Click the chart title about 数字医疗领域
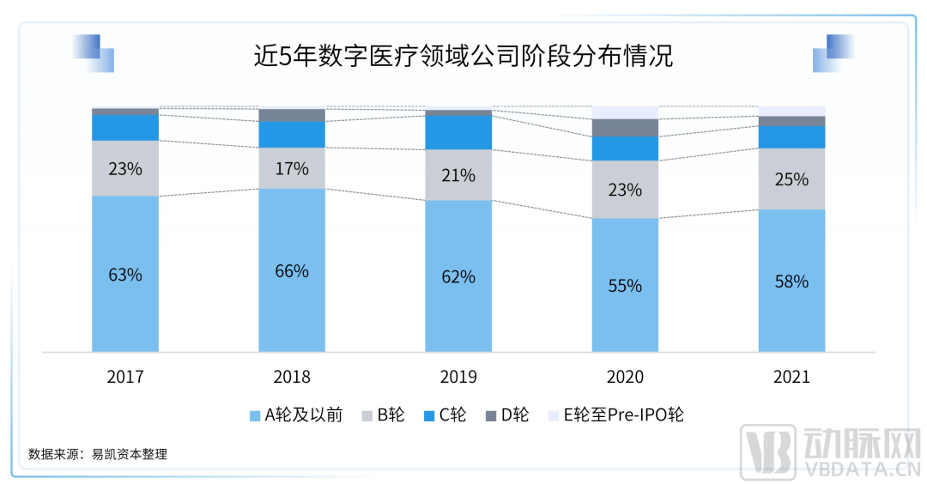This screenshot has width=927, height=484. click(x=463, y=57)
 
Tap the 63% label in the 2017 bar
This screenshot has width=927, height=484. click(x=125, y=275)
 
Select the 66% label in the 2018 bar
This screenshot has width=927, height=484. click(x=292, y=271)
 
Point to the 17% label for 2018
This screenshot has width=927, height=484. click(x=292, y=169)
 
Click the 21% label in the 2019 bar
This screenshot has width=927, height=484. click(x=458, y=176)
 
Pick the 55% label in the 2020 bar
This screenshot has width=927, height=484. click(x=625, y=286)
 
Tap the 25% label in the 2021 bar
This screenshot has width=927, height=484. click(x=791, y=179)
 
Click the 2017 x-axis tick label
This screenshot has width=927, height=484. click(x=125, y=378)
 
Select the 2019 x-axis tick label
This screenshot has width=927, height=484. click(x=458, y=378)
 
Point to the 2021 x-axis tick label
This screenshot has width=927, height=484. click(x=791, y=378)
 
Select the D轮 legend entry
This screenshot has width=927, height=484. click(x=508, y=416)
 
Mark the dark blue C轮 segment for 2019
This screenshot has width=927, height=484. click(x=458, y=133)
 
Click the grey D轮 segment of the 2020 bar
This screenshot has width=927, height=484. click(x=625, y=128)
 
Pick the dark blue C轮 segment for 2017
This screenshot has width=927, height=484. click(x=125, y=128)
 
